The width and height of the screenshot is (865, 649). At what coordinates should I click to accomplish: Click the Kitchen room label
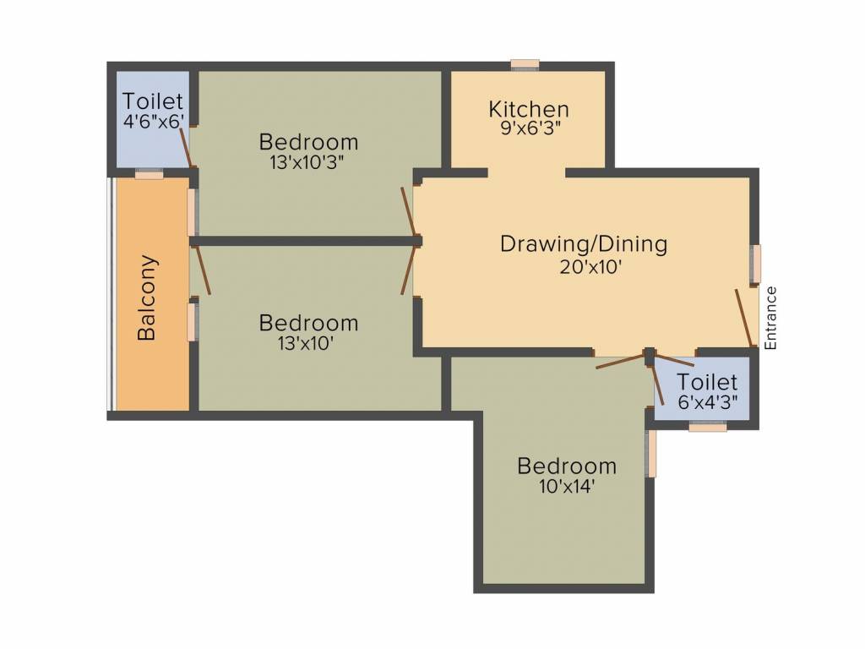(529, 109)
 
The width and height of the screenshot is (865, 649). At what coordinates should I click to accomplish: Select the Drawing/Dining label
(584, 244)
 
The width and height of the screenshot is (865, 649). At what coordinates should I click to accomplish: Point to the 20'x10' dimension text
(584, 268)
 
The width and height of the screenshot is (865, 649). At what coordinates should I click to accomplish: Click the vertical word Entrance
(770, 318)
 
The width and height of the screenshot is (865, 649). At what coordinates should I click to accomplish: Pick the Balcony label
(147, 297)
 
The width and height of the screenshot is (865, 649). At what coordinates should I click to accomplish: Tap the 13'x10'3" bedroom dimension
(307, 162)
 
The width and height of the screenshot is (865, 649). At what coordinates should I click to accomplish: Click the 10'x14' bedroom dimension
(567, 487)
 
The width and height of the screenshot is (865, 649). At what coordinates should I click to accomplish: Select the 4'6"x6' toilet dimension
(153, 121)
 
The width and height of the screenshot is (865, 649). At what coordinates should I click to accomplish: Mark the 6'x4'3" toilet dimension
(708, 403)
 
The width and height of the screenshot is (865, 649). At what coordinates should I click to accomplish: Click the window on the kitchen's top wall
(525, 64)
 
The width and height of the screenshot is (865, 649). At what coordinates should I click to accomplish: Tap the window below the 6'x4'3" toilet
(707, 428)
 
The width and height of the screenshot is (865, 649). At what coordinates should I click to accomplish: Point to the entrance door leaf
(743, 318)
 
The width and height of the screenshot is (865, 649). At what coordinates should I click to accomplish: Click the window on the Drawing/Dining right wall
(757, 264)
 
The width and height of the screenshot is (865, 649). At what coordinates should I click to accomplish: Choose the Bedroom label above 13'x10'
(308, 323)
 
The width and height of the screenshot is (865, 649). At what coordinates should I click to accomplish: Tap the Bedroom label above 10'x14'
(567, 466)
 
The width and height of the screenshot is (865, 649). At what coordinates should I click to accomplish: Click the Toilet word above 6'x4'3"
(707, 383)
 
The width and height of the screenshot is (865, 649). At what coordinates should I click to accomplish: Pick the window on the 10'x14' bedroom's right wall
(650, 454)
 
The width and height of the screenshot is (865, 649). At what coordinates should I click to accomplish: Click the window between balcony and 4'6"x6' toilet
(149, 175)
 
